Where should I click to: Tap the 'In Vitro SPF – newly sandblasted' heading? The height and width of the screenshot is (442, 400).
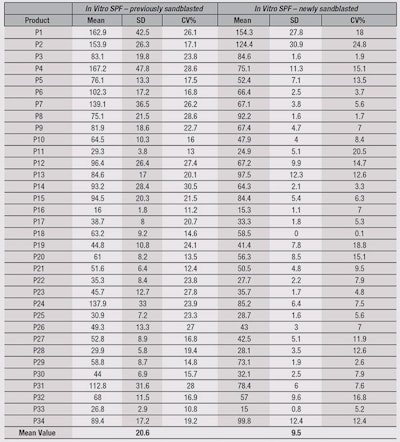[306, 10]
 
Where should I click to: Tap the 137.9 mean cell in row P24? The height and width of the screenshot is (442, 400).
[97, 303]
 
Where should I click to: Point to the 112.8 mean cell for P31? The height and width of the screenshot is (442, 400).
[97, 386]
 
